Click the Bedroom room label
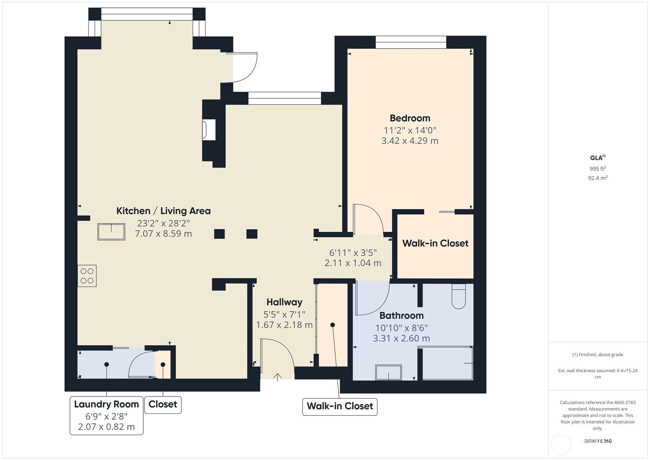[410, 118]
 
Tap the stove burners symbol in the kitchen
[87, 276]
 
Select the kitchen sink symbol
[111, 232]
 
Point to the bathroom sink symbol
[389, 372]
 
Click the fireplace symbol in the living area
[209, 130]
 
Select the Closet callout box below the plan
[163, 405]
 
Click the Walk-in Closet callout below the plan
[340, 406]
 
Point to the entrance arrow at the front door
[277, 377]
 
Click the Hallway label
[284, 302]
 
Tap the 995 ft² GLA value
[598, 169]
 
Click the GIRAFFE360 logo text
[598, 441]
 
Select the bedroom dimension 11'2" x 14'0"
[410, 130]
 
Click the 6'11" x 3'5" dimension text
[353, 252]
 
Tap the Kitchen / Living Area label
[163, 211]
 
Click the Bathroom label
[401, 315]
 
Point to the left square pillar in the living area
[219, 234]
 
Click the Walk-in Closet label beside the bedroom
[435, 243]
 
